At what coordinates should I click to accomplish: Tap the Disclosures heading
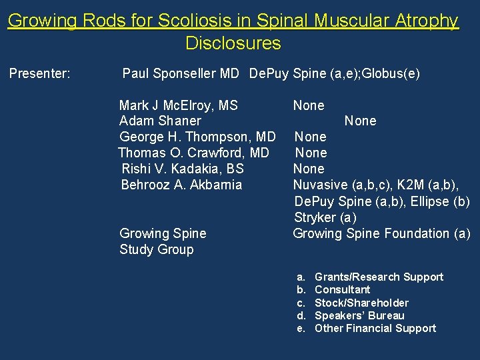click(x=233, y=43)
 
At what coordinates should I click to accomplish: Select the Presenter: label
click(x=40, y=73)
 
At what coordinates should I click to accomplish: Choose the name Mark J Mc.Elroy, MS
click(x=178, y=105)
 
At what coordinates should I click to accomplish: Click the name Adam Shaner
click(x=159, y=121)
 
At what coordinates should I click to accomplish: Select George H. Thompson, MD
click(x=197, y=137)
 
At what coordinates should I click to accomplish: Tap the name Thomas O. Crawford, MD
click(x=193, y=153)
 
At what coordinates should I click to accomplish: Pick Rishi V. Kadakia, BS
click(x=183, y=169)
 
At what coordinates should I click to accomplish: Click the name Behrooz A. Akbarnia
click(x=181, y=185)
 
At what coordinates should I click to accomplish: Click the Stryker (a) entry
click(x=325, y=217)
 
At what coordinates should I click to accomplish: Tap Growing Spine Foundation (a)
click(x=381, y=233)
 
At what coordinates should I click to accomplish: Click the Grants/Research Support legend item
click(x=378, y=277)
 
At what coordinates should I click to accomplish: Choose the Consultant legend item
click(x=342, y=289)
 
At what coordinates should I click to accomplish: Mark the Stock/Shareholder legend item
click(x=361, y=303)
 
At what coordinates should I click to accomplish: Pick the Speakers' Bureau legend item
click(x=359, y=315)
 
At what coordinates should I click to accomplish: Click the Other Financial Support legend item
click(x=375, y=328)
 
